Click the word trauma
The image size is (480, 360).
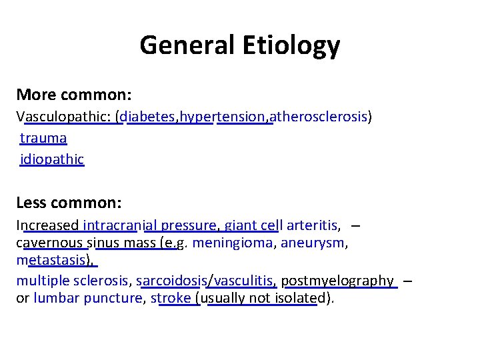tap(43, 138)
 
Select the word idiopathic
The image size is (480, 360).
tap(52, 159)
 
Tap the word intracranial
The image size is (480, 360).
tap(120, 225)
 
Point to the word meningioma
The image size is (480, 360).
tap(233, 242)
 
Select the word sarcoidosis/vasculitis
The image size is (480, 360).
tap(206, 281)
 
